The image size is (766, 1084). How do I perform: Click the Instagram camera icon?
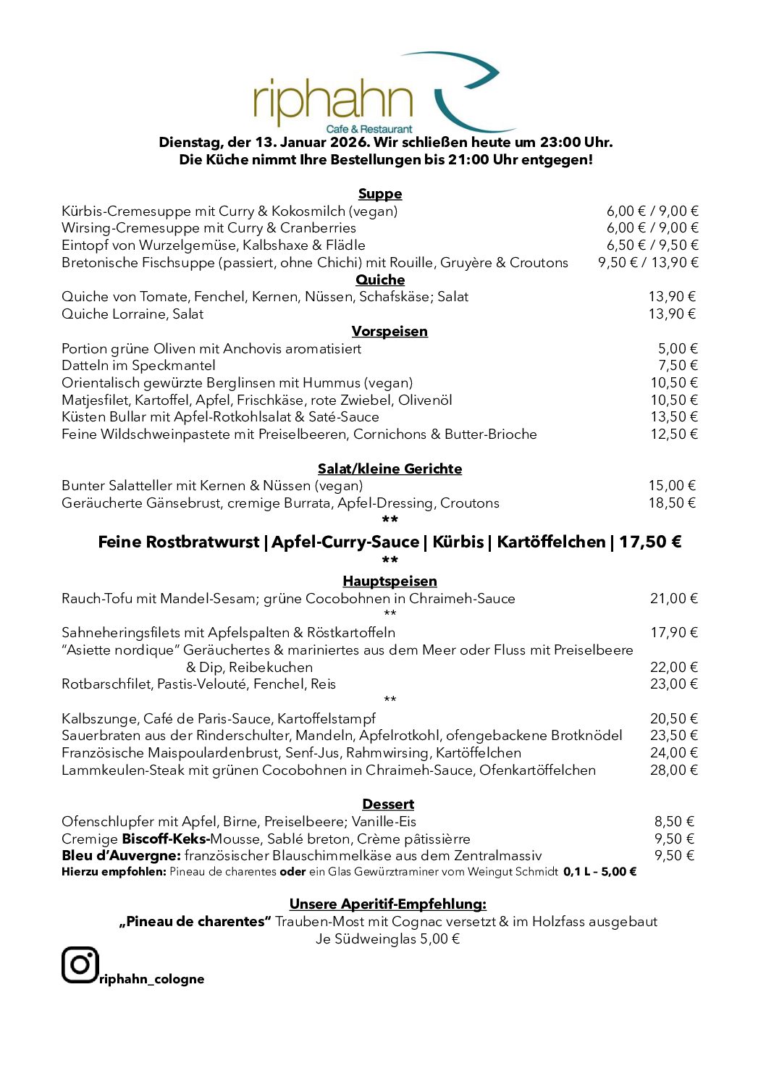(x=80, y=965)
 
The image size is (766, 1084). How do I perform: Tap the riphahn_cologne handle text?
(x=152, y=979)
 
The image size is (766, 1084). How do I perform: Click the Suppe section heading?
(x=380, y=194)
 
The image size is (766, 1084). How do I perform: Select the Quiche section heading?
(x=380, y=280)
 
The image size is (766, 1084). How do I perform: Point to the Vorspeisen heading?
(x=390, y=331)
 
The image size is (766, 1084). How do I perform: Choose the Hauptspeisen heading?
(x=390, y=581)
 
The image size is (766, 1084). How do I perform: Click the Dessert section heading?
(x=388, y=804)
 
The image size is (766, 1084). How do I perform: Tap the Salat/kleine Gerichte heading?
(x=390, y=469)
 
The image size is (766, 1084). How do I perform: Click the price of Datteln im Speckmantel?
(x=678, y=365)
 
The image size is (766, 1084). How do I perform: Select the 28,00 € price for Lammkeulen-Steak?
(x=673, y=770)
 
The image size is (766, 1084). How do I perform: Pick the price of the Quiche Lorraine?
(x=671, y=314)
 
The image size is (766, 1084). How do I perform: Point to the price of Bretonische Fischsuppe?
(x=648, y=262)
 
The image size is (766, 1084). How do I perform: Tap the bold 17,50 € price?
(x=649, y=542)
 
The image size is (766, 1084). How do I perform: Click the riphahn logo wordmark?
(x=333, y=101)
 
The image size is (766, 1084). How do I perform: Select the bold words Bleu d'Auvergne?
(x=121, y=855)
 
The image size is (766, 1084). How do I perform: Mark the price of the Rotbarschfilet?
(x=673, y=684)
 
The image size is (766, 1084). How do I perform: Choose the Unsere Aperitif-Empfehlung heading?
(x=388, y=904)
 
